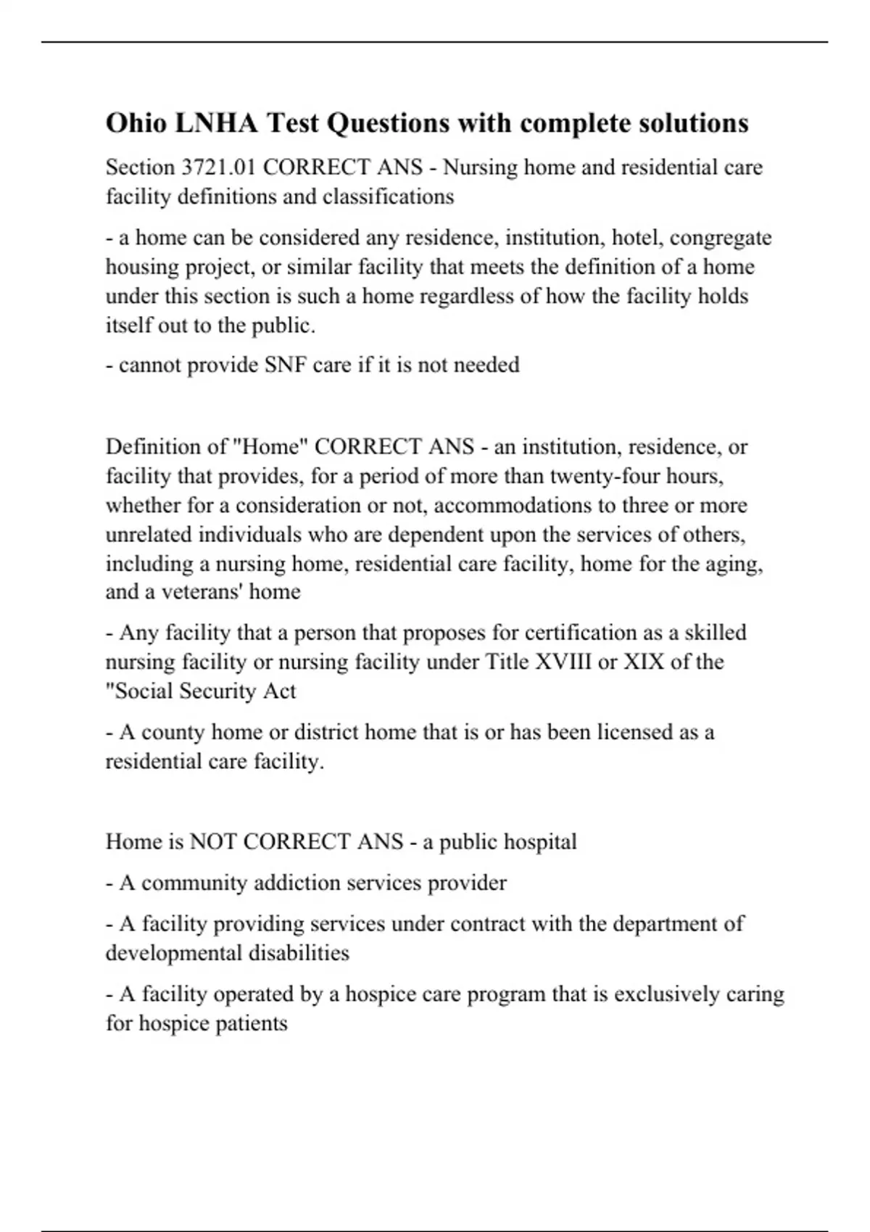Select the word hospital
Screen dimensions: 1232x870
pos(540,841)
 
